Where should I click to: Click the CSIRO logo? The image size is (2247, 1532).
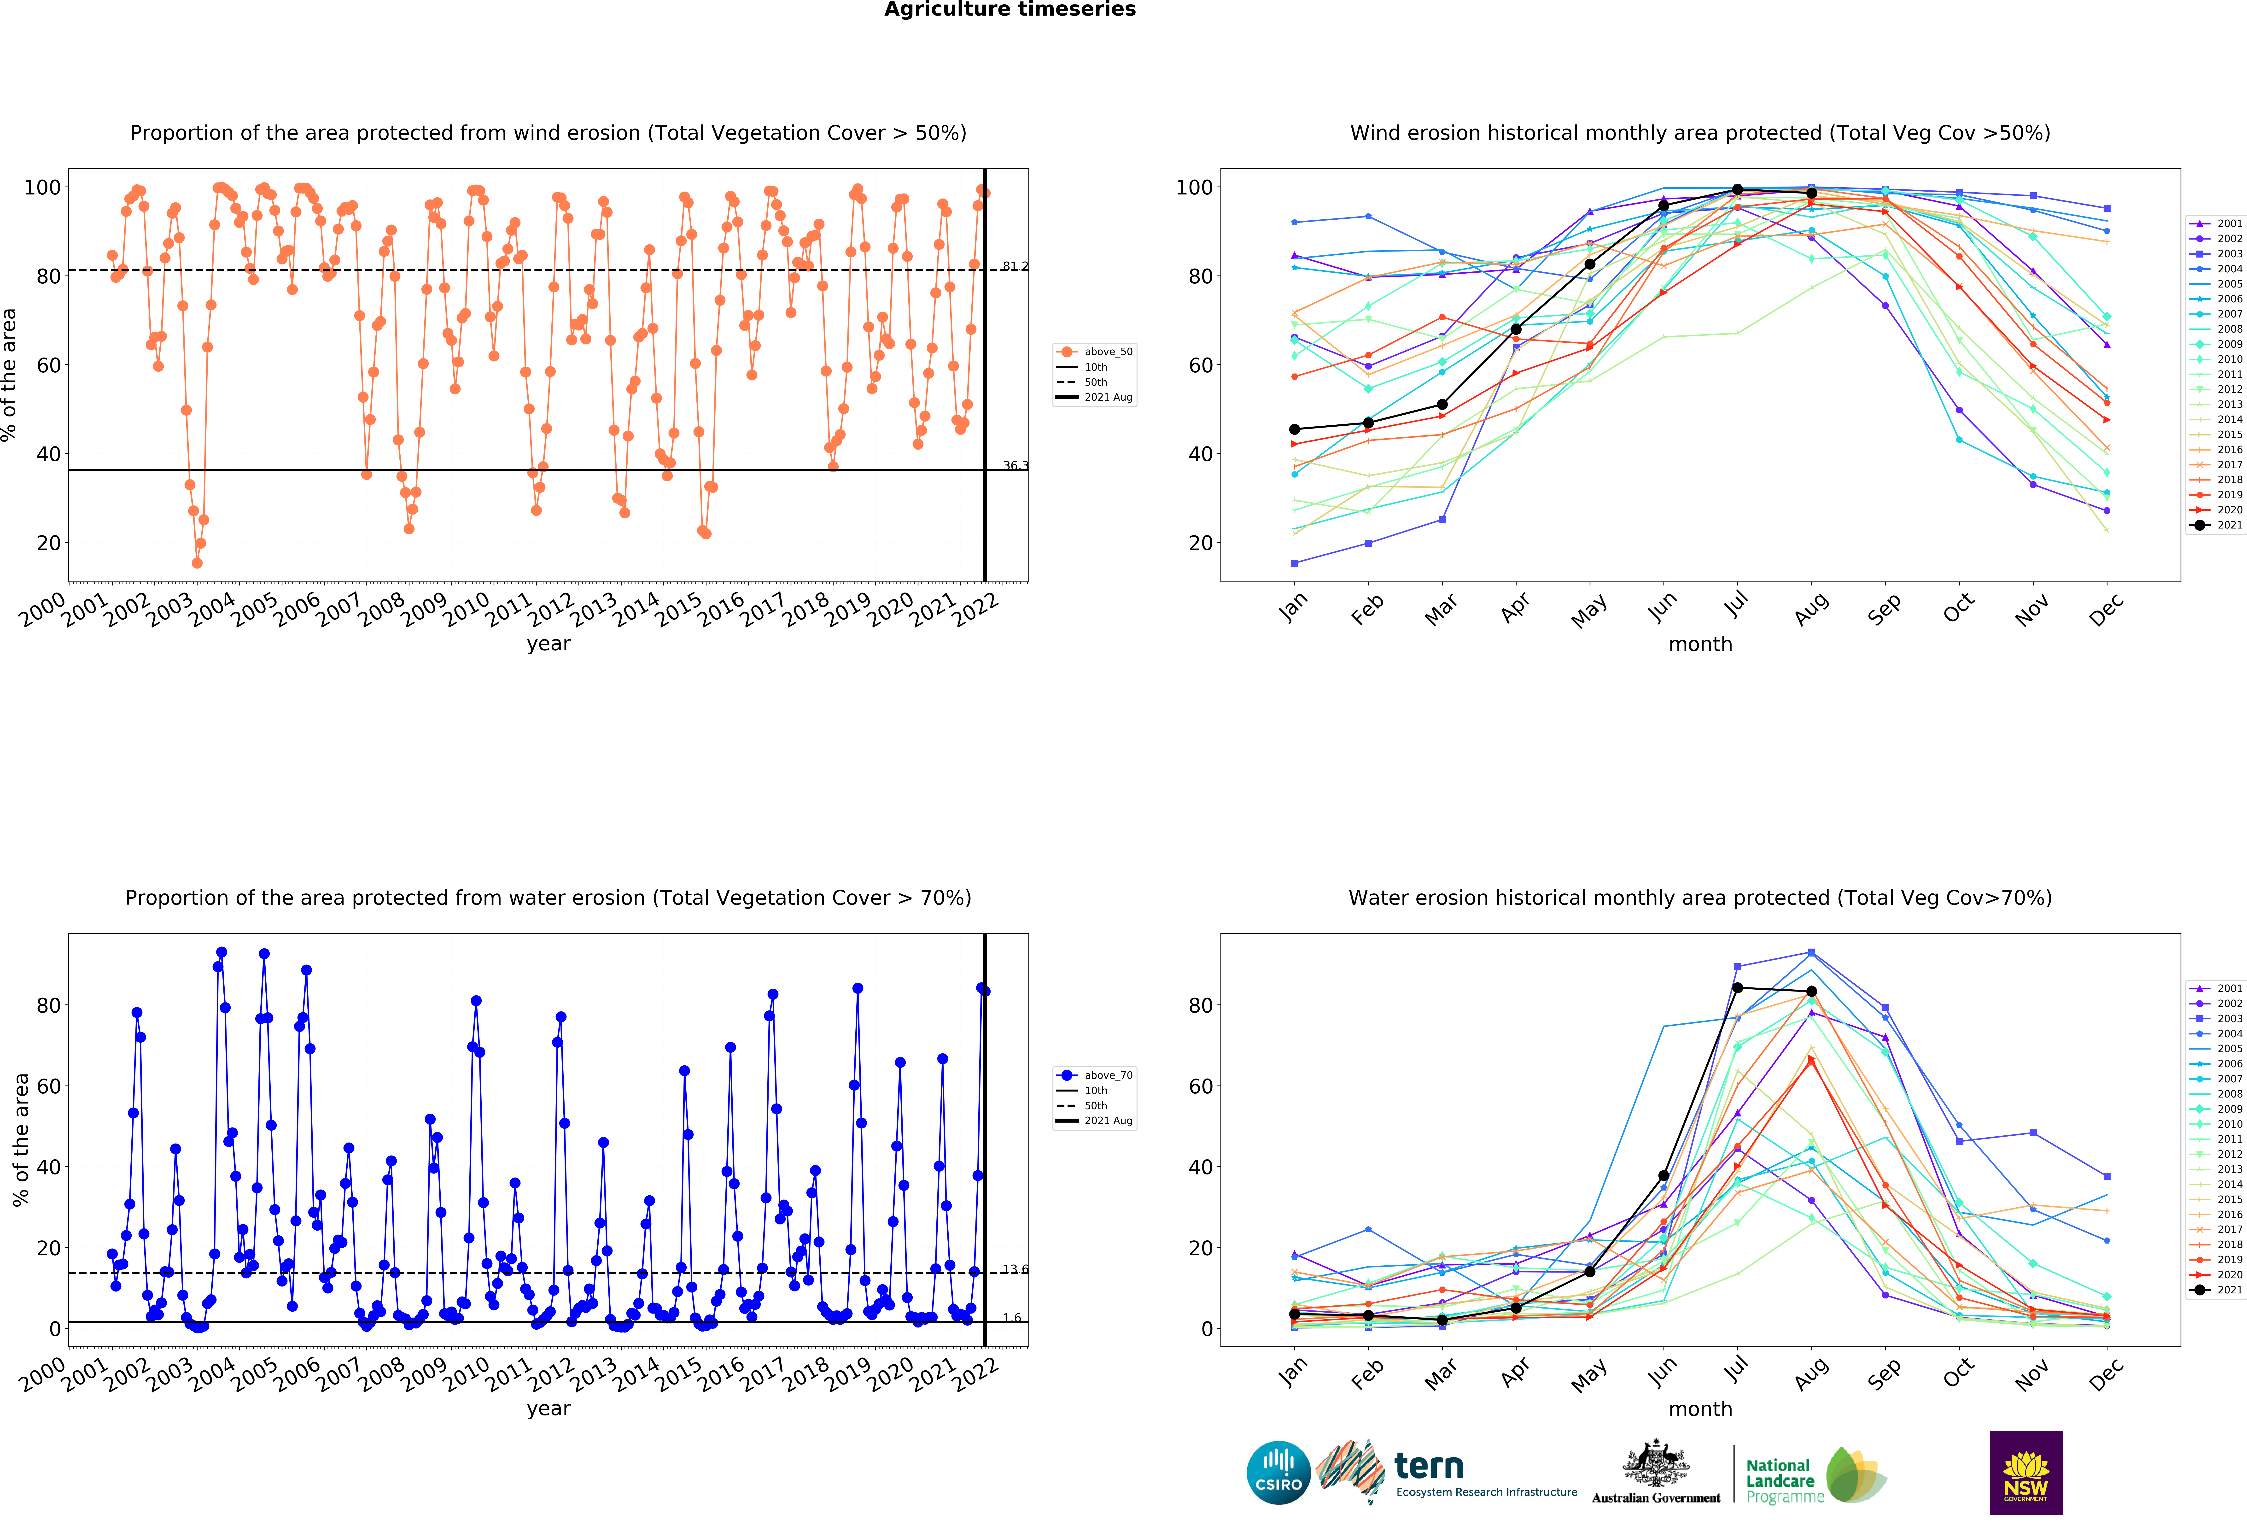coord(1278,1473)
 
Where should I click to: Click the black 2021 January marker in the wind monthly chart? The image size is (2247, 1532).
coord(1295,429)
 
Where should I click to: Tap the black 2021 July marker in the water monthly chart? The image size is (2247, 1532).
coord(1738,987)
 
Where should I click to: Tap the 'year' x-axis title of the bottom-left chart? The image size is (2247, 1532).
coord(548,1409)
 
